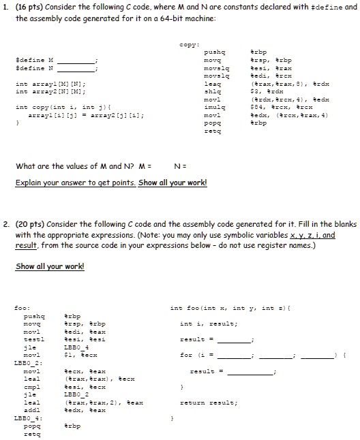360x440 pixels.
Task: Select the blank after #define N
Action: coord(80,69)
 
